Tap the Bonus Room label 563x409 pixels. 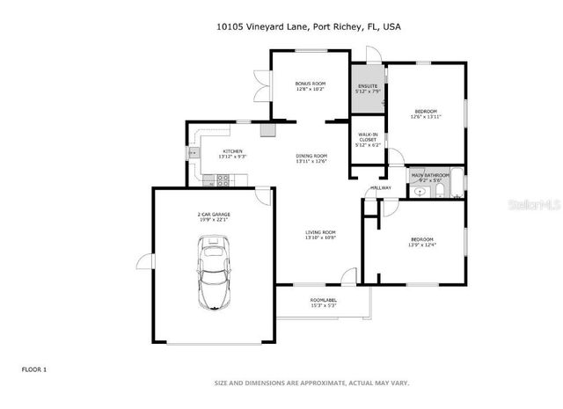point(311,84)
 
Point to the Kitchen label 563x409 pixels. point(233,151)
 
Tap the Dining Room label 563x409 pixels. point(311,156)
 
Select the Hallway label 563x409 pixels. point(380,188)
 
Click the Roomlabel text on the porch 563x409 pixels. point(324,301)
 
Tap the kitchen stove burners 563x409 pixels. point(223,179)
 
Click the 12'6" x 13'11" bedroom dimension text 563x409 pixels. point(426,117)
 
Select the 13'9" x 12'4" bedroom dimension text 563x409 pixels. point(422,245)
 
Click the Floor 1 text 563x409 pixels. point(34,369)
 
